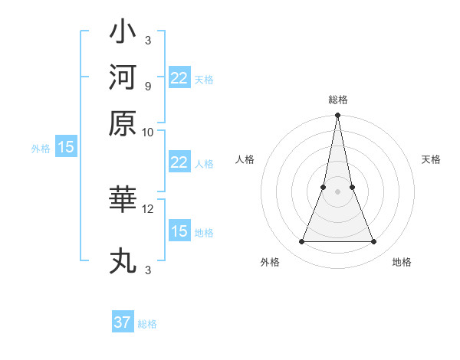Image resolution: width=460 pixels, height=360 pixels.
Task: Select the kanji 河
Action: coord(123,77)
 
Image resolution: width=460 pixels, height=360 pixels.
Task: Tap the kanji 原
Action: coord(123,122)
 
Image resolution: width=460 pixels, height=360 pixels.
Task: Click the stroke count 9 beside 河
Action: coord(147,85)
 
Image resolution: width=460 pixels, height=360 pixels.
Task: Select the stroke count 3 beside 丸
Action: coord(147,270)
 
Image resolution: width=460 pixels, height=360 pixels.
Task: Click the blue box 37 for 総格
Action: coord(123,322)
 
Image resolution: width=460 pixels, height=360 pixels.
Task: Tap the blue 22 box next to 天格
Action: coord(179,78)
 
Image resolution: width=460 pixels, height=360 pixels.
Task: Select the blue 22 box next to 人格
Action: coord(179,162)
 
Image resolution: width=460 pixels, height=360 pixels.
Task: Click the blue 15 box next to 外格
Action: coord(66,148)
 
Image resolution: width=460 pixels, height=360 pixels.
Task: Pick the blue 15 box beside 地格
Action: coord(179,231)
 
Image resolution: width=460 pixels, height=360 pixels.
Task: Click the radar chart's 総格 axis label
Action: coord(338,100)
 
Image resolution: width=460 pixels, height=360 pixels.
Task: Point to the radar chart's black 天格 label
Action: coord(431,159)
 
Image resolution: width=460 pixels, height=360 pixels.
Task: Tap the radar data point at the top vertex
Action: coord(337,116)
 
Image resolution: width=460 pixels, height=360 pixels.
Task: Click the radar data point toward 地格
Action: coord(374,242)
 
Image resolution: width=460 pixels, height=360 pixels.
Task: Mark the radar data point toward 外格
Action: coord(301,242)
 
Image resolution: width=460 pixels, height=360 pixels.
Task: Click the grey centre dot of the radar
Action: coord(337,191)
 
